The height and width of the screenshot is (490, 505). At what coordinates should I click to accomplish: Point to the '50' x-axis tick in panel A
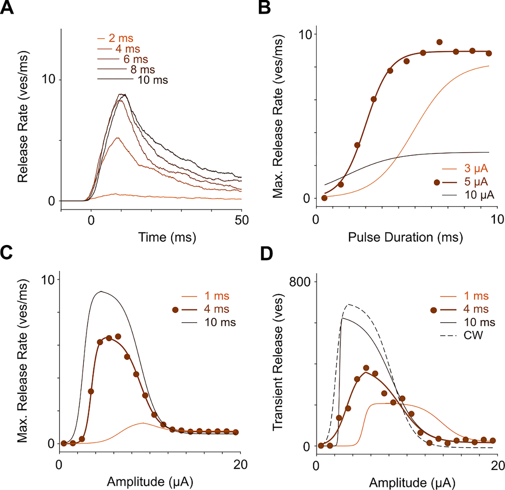pyautogui.click(x=241, y=220)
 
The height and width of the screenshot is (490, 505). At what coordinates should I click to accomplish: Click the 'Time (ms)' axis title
pyautogui.click(x=167, y=237)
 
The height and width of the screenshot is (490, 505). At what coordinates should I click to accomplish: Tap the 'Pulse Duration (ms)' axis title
pyautogui.click(x=405, y=237)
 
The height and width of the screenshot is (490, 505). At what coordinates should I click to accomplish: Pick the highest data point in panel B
pyautogui.click(x=439, y=42)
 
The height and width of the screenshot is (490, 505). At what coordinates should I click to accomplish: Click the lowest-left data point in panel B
pyautogui.click(x=324, y=198)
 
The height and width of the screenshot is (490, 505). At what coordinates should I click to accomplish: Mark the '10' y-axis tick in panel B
pyautogui.click(x=305, y=35)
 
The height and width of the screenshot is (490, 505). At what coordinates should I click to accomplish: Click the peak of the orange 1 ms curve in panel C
pyautogui.click(x=143, y=423)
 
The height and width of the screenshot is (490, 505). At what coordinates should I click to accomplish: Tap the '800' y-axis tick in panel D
pyautogui.click(x=299, y=282)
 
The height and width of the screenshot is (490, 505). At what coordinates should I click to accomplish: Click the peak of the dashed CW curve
pyautogui.click(x=349, y=304)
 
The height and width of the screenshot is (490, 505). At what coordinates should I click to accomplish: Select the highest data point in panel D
pyautogui.click(x=366, y=368)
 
